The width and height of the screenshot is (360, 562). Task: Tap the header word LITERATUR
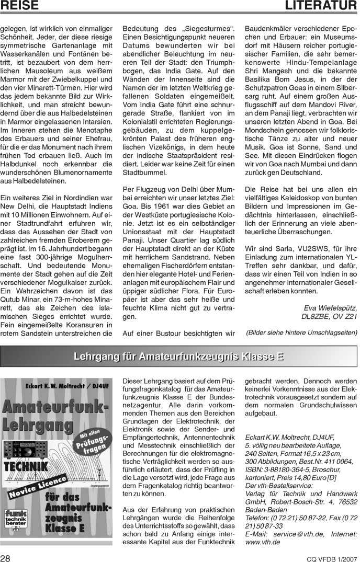(321, 6)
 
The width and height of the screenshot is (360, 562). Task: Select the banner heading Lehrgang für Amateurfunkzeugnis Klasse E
(179, 357)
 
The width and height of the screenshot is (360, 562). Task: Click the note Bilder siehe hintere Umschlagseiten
(301, 332)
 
